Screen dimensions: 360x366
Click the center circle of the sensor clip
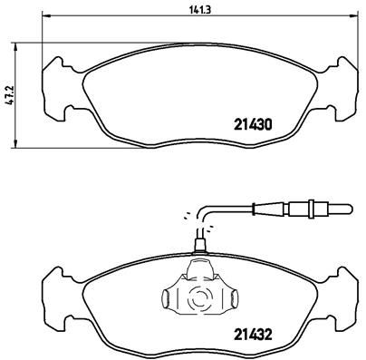[x=197, y=296]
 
